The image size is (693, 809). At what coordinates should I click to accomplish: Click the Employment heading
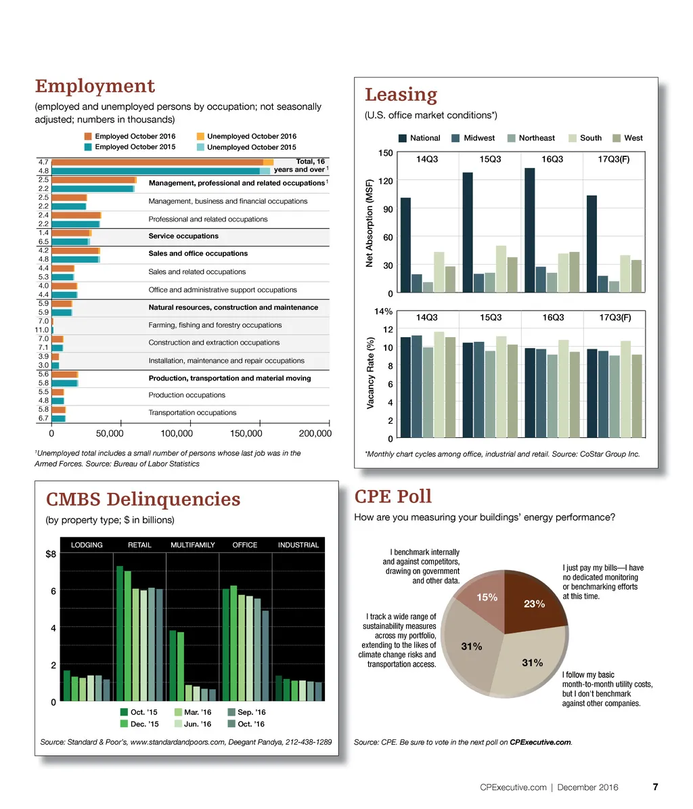(95, 87)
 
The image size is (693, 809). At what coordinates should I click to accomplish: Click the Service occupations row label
(183, 236)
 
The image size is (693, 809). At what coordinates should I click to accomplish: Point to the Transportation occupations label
(192, 412)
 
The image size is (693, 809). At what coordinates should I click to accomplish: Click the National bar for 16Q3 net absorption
(530, 230)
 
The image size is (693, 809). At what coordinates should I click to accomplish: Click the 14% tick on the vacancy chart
(384, 311)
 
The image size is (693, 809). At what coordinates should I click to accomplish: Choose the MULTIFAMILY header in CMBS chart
(193, 545)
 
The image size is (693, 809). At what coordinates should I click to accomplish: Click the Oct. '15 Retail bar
(120, 634)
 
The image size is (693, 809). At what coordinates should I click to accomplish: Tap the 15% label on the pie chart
(487, 597)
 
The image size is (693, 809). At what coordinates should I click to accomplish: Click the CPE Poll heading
(393, 496)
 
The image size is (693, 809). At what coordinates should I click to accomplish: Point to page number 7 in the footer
(655, 787)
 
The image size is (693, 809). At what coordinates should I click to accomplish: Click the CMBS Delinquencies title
(143, 500)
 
